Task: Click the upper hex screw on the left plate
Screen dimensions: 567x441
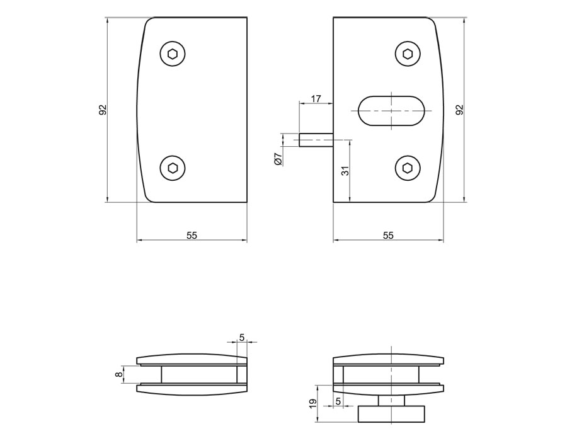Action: point(173,54)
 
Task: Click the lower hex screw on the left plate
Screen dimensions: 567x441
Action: point(173,168)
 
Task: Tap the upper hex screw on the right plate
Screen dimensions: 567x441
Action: point(408,54)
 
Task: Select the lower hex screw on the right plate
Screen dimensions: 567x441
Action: point(408,168)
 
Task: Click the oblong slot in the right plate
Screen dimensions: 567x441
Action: point(391,111)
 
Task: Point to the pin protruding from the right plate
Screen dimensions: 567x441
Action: point(316,139)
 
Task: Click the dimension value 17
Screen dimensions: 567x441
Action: point(316,98)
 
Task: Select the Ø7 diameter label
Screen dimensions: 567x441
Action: point(278,159)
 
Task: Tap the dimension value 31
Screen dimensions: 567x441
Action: point(346,171)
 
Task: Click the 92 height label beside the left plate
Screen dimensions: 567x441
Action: point(103,110)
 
